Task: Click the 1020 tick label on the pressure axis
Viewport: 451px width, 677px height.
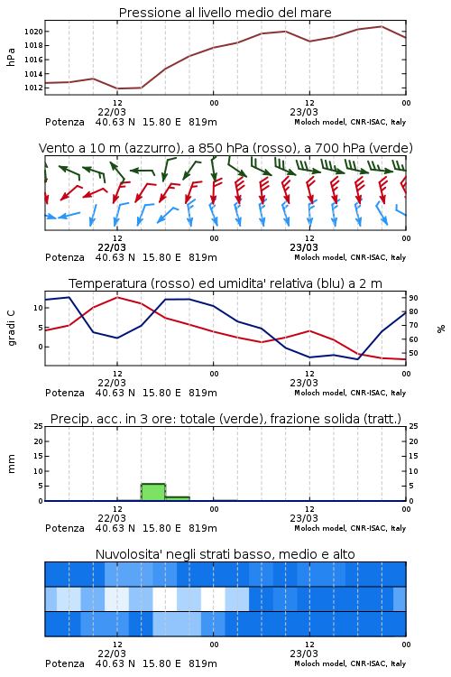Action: (33, 32)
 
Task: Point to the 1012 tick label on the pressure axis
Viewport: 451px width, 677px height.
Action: (33, 88)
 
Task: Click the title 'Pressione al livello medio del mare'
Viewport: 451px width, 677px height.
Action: (225, 13)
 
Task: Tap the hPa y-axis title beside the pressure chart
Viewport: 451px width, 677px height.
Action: (11, 57)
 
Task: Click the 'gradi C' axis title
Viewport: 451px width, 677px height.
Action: (11, 328)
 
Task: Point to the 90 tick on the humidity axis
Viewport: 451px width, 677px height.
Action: (413, 298)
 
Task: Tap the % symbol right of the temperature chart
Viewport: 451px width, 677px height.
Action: (441, 329)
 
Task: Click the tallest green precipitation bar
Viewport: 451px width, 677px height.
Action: (153, 492)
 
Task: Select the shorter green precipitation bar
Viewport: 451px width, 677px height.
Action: (178, 498)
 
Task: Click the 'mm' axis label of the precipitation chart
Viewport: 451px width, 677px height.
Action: (11, 464)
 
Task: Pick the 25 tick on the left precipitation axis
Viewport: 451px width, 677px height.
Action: (39, 426)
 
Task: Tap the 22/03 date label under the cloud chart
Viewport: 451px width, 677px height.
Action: (112, 654)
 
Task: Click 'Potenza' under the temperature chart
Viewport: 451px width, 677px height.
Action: (65, 393)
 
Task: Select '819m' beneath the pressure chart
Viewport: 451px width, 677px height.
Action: (203, 122)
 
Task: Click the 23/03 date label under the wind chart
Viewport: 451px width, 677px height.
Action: (304, 248)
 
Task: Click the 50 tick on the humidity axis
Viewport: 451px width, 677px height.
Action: (413, 353)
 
